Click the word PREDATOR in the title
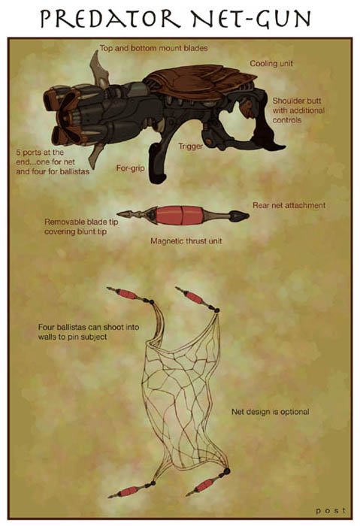pos(110,19)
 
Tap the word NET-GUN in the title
pos(251,19)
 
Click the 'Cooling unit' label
pos(271,63)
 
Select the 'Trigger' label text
pos(190,147)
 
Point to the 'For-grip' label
pos(130,168)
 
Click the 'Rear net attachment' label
pos(289,205)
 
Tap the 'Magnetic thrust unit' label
pos(186,241)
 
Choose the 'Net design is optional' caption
pos(270,412)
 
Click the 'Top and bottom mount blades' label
pos(153,48)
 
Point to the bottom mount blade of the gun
pos(96,156)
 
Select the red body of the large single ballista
pos(179,216)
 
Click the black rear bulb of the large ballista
pos(239,216)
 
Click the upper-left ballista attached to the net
pos(130,295)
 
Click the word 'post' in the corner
pos(331,510)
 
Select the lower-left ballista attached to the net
pos(132,490)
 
